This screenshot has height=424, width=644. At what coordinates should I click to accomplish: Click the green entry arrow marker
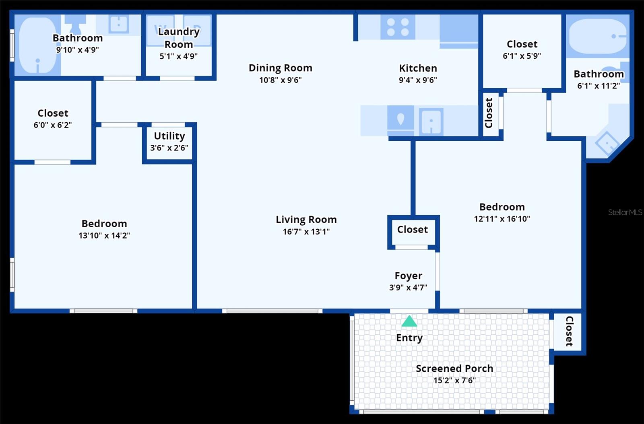click(409, 321)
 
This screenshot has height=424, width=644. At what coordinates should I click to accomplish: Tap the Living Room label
click(306, 220)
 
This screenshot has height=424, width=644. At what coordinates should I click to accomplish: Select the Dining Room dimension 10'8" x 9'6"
click(280, 80)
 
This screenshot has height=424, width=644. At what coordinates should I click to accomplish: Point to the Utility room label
click(169, 136)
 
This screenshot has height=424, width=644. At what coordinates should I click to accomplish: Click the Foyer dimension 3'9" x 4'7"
click(408, 288)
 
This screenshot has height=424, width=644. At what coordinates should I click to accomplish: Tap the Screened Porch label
click(454, 368)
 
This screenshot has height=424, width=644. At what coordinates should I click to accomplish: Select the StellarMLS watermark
click(625, 212)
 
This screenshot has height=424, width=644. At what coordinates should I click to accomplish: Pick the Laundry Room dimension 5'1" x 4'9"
click(178, 56)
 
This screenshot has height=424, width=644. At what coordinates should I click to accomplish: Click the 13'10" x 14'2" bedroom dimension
click(104, 236)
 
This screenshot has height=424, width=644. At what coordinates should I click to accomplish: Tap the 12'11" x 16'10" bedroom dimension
click(502, 219)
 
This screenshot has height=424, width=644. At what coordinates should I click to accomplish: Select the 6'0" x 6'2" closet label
click(53, 113)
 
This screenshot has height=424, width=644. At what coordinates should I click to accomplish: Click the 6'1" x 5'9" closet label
click(522, 44)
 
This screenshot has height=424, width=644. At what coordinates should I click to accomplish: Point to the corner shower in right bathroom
click(607, 142)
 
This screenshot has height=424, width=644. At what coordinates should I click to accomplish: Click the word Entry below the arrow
click(409, 338)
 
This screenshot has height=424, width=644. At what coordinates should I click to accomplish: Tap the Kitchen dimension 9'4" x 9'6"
click(418, 80)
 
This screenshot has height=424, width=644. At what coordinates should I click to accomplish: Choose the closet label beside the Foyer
click(413, 230)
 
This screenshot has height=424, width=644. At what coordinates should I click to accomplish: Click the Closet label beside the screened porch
click(569, 331)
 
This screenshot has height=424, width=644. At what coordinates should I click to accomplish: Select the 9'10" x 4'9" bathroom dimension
click(77, 50)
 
